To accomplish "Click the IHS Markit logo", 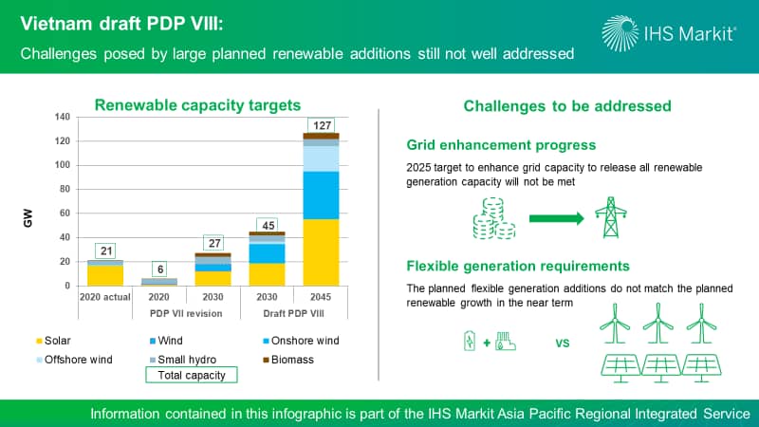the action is point(669,33).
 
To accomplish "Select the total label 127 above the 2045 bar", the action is point(322,125).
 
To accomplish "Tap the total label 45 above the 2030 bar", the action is point(268,225).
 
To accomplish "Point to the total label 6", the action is point(159,269).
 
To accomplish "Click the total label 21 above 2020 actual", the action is point(105,251).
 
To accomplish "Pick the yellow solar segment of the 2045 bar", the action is point(321,252).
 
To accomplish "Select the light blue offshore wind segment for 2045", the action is point(321,158).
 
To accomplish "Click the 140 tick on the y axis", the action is point(63,117).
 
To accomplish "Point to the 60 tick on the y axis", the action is point(65,213).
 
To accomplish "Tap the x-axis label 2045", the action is point(321,297).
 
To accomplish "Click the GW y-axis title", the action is point(28,218).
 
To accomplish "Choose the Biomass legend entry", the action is point(288,360).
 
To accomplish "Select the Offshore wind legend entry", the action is point(75,360).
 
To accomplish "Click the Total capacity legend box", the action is point(192,375).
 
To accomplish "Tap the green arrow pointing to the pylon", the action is point(557,218).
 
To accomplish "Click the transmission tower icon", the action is point(611,217).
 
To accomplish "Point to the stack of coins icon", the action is point(493,218).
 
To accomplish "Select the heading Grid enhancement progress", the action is point(501,145).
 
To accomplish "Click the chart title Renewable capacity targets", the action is point(197,105).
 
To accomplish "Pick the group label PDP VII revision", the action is point(186,313).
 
